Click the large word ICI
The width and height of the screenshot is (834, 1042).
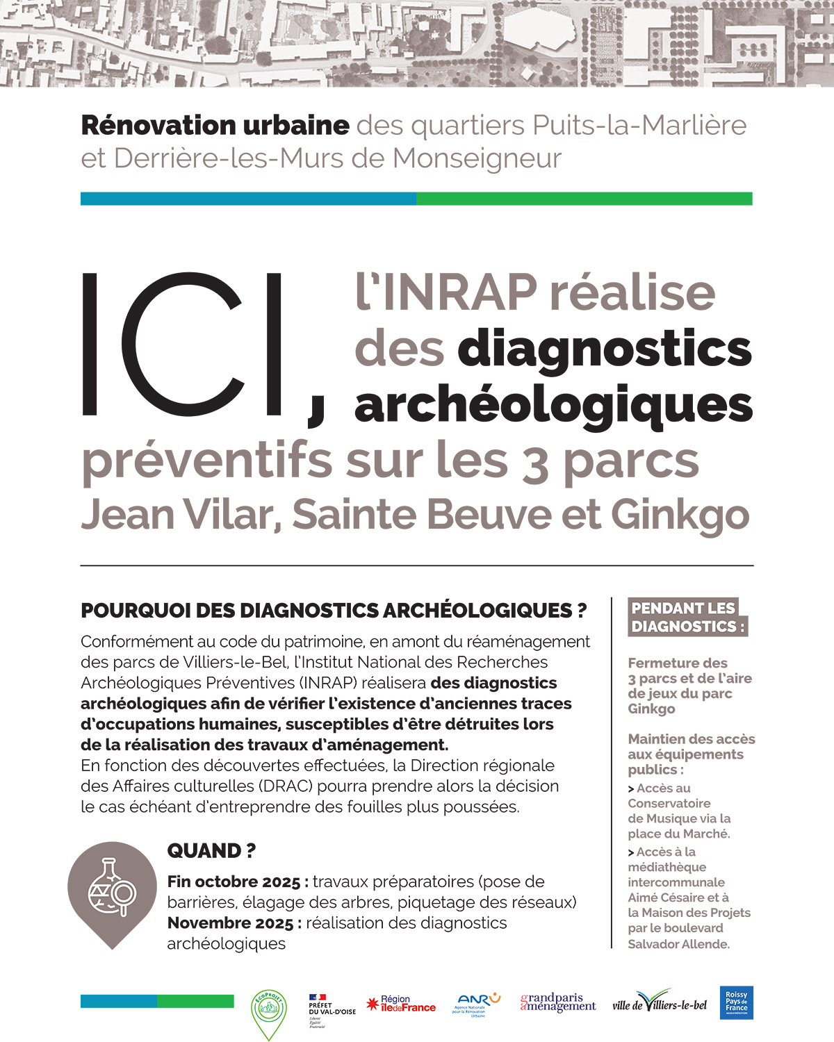click(x=184, y=344)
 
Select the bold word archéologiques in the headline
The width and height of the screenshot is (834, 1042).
click(x=553, y=405)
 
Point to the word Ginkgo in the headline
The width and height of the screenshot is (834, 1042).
click(x=680, y=515)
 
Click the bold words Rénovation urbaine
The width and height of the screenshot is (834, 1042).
click(x=215, y=126)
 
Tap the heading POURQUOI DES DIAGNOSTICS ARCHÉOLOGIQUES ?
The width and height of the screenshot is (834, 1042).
click(x=334, y=611)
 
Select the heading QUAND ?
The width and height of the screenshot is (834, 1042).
click(x=211, y=850)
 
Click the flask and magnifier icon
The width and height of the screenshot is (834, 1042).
click(x=112, y=889)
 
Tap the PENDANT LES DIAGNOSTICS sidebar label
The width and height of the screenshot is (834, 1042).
click(x=687, y=617)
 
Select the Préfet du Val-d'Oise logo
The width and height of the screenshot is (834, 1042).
click(x=331, y=1009)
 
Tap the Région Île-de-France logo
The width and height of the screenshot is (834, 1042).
click(x=401, y=1004)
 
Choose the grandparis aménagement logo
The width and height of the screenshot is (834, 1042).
click(x=557, y=1002)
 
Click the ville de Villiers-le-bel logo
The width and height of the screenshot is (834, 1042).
click(x=660, y=1004)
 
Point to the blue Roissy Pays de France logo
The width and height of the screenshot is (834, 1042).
click(x=736, y=1002)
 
